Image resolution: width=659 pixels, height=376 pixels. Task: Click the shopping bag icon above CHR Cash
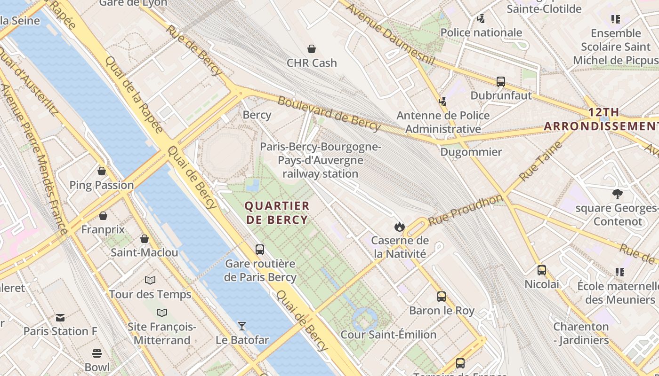pos(311,49)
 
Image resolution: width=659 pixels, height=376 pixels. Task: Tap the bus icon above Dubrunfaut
pos(501,82)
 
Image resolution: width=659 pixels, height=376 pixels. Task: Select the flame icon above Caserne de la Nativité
pos(400,227)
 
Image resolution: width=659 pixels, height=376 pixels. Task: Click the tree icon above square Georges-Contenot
pos(617,194)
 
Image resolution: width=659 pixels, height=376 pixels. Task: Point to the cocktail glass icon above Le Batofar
pos(242,326)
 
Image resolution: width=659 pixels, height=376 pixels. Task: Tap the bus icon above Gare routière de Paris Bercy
pos(260,250)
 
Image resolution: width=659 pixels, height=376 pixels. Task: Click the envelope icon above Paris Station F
pos(60,317)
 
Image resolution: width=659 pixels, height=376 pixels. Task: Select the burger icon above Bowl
pos(97,353)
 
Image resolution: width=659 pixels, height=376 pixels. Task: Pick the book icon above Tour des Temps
pos(150,281)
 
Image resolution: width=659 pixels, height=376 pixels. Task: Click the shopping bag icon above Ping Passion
pos(102,171)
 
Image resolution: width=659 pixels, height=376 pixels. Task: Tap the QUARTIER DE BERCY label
pos(277,212)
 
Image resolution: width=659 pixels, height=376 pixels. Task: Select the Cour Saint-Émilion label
pos(388,335)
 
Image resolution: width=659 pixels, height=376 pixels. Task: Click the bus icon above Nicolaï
pos(542,270)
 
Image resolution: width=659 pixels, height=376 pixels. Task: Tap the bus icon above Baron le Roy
pos(442,297)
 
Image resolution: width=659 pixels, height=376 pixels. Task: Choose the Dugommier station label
pos(471,152)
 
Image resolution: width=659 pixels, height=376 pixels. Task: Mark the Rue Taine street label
pos(541,161)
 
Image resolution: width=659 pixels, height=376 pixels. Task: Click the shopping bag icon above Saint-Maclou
pos(145,239)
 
